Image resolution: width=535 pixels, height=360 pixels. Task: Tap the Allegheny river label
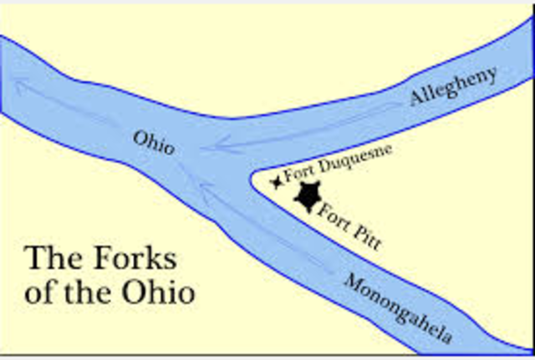[453, 86]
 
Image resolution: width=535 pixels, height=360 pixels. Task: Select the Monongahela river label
[399, 307]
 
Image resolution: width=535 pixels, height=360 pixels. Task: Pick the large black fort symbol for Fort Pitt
[308, 196]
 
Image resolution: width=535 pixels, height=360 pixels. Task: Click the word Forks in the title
[147, 260]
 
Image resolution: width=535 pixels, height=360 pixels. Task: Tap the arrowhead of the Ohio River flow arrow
[21, 81]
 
